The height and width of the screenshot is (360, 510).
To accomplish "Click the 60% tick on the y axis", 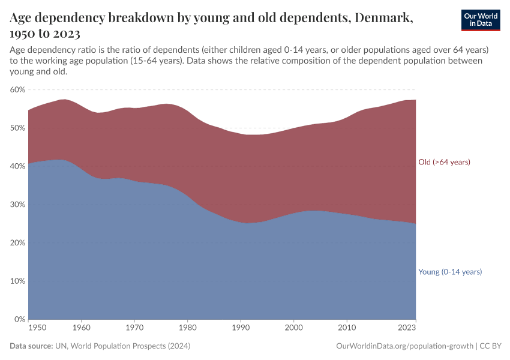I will [17, 89].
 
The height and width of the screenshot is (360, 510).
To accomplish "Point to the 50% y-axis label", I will [17, 128].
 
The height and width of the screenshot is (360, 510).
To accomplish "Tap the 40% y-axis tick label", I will [17, 166].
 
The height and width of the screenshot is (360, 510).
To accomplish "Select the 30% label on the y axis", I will [17, 205].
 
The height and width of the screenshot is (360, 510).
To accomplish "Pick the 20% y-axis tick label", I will [17, 243].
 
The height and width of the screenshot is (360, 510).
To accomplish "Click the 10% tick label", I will [17, 281].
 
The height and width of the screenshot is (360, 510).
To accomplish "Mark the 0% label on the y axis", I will [20, 320].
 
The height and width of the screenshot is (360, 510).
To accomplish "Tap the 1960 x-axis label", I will [82, 328].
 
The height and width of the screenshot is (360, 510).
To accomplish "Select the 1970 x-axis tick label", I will [134, 328].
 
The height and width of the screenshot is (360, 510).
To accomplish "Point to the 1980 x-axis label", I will [187, 328].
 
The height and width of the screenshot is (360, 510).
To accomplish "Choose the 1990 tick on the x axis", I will [241, 328].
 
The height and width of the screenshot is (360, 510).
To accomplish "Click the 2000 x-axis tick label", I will [293, 328].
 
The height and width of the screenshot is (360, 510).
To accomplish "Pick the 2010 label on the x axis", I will [346, 328].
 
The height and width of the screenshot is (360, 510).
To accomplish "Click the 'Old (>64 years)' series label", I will [444, 162].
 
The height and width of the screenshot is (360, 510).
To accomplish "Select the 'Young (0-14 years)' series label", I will [450, 272].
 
